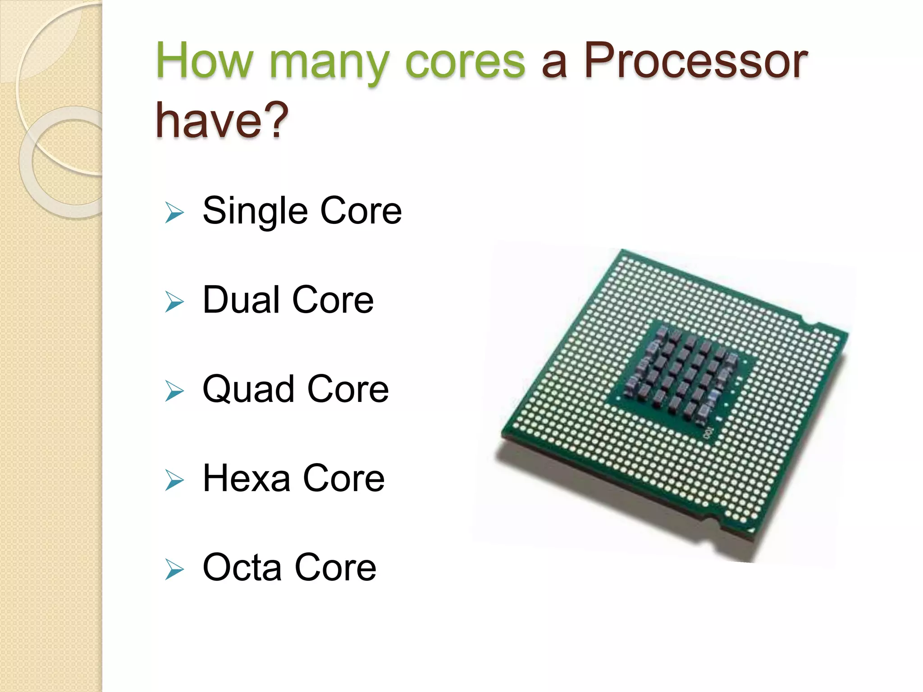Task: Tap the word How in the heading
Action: (205, 61)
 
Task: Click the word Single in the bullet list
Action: (255, 211)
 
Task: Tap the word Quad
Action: (248, 389)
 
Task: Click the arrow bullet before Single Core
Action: (174, 212)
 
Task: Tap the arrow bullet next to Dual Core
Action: (174, 301)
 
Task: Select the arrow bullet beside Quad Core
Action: (174, 391)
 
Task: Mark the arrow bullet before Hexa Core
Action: (174, 480)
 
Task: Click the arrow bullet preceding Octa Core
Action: (174, 569)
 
